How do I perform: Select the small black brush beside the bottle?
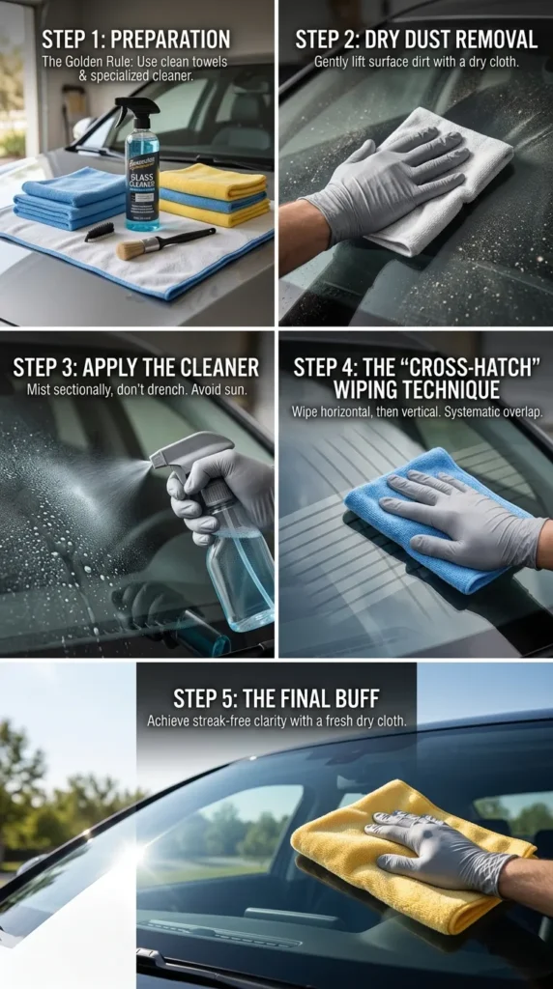click(99, 231)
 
